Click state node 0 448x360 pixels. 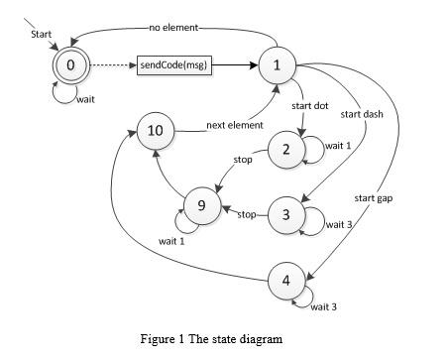click(x=69, y=65)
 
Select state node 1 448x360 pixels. click(x=276, y=66)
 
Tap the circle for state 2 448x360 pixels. click(x=286, y=150)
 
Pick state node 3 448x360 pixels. click(x=286, y=214)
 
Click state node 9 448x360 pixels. click(x=201, y=205)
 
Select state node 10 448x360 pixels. click(x=155, y=131)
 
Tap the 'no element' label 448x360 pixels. click(x=173, y=27)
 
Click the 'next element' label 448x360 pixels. click(x=234, y=125)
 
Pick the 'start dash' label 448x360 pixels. click(x=362, y=114)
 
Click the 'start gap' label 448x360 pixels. click(x=374, y=198)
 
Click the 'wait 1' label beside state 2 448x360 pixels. click(x=338, y=145)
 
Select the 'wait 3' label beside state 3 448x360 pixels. click(x=339, y=223)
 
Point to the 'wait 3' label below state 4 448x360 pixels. click(x=324, y=306)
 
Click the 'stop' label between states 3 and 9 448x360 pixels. click(x=247, y=213)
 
